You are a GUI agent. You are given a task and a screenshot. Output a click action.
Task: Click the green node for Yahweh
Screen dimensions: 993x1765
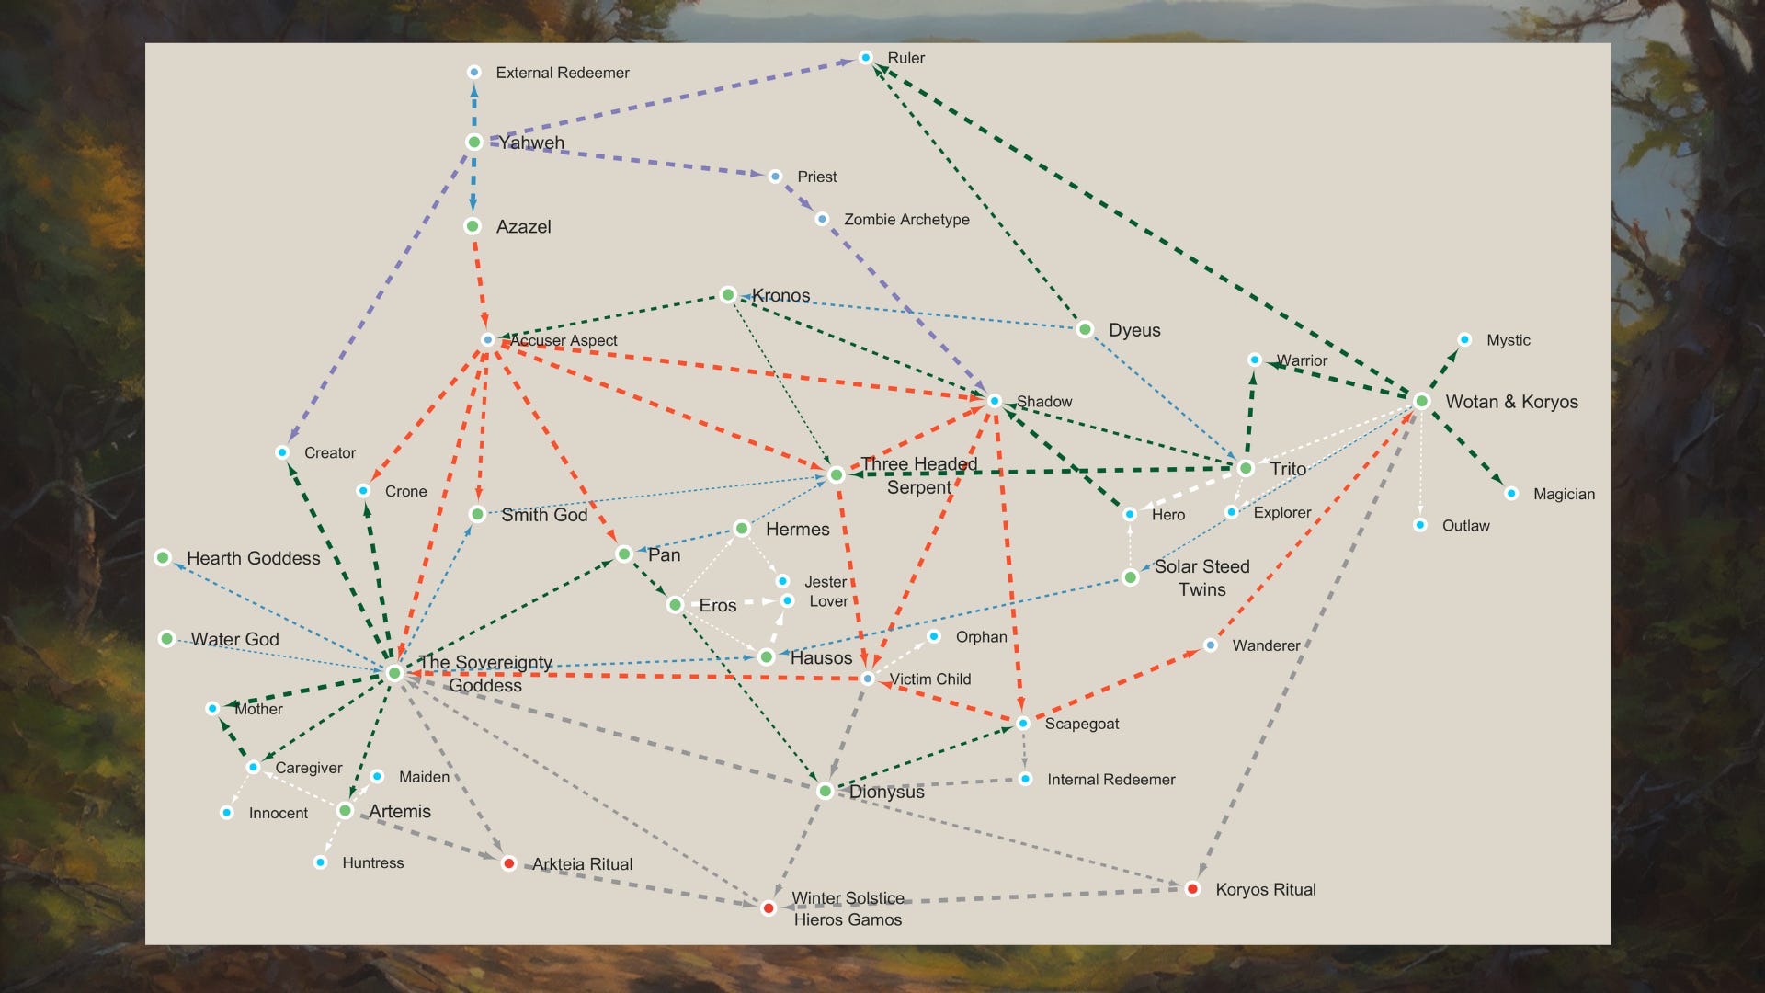tap(474, 142)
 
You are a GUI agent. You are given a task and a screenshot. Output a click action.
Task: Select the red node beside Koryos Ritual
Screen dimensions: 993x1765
tap(1192, 889)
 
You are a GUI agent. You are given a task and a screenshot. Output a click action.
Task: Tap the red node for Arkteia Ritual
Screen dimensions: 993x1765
tap(508, 863)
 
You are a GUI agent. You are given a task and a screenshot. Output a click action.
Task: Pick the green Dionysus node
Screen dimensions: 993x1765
tap(826, 791)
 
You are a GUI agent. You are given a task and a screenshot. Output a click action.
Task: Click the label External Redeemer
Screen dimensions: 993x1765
tap(562, 73)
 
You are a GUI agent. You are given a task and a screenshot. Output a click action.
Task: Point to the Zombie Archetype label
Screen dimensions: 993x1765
tap(905, 220)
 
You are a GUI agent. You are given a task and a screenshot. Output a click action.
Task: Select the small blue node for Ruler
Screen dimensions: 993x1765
tap(865, 58)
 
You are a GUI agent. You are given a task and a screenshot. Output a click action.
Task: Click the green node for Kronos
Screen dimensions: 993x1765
tap(728, 295)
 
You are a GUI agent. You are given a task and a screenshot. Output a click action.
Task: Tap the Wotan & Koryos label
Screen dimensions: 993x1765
tap(1510, 402)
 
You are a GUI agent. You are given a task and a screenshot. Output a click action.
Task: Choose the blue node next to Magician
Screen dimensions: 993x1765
tap(1511, 494)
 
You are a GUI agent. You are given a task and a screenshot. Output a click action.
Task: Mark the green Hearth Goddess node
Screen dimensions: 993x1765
tap(163, 558)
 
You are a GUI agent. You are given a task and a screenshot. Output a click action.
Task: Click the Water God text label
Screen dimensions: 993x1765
tap(234, 639)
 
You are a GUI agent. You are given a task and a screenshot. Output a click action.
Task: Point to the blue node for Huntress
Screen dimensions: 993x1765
tap(320, 862)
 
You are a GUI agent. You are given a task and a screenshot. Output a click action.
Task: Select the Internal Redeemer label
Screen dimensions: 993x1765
tap(1110, 780)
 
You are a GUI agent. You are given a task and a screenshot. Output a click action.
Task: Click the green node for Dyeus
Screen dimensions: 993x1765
tap(1085, 329)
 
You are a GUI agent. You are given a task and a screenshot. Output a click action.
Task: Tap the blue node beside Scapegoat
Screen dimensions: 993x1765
tap(1023, 724)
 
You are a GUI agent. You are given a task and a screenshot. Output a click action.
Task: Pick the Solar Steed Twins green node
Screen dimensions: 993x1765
tap(1131, 577)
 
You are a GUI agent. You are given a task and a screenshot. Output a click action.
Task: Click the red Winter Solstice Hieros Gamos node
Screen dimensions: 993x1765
tap(769, 908)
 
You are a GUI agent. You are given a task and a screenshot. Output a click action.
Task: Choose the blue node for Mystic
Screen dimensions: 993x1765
tap(1464, 340)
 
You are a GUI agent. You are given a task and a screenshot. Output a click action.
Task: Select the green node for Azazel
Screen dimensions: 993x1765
tap(473, 226)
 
